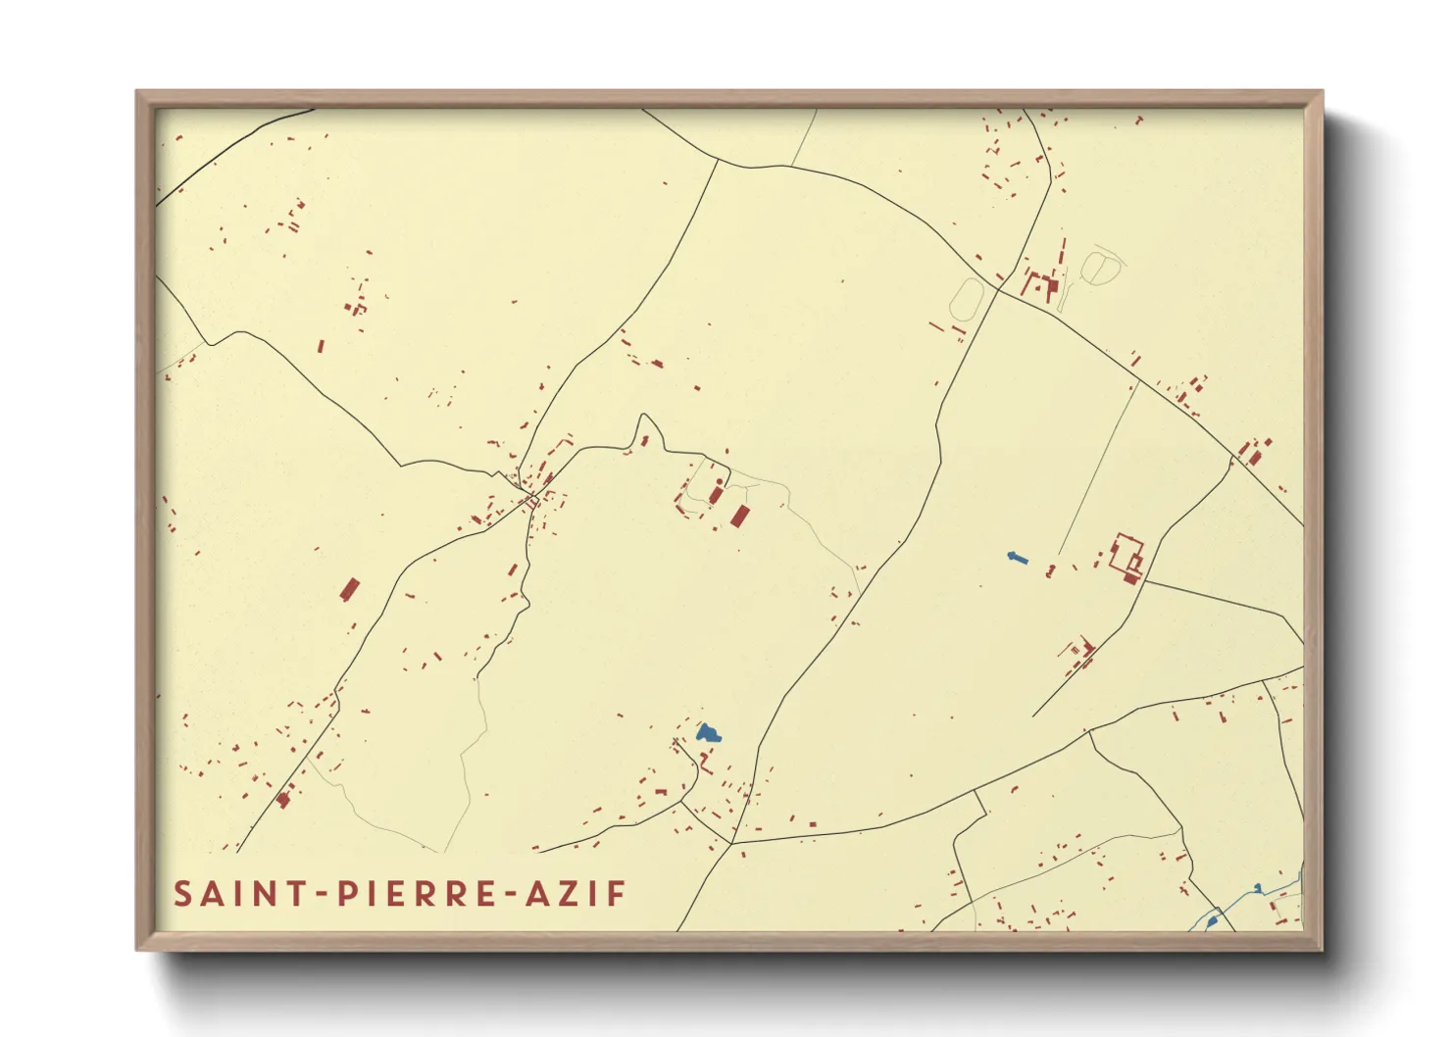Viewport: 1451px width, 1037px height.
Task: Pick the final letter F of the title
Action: (617, 894)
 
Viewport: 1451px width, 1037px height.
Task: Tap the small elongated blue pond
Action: (1017, 558)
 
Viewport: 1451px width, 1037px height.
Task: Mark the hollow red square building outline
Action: (1126, 554)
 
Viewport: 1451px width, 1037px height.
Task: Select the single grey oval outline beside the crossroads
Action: (967, 298)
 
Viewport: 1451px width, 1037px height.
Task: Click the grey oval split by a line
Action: (1098, 266)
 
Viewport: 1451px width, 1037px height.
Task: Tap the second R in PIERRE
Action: (461, 894)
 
